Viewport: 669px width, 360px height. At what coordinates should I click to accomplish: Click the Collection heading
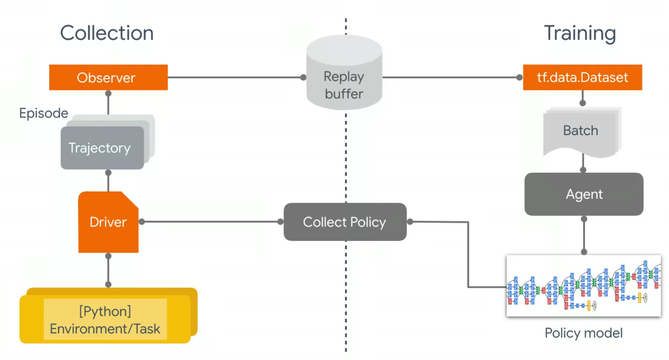coord(107,33)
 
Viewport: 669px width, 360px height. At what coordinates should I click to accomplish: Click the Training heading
coord(580,33)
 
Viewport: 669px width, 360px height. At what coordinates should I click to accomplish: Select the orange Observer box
coord(108,78)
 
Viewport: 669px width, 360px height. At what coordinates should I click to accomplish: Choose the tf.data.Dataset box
coord(582,78)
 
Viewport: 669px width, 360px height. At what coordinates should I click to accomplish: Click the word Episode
coord(44,113)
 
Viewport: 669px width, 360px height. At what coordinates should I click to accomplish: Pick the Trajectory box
coord(102,148)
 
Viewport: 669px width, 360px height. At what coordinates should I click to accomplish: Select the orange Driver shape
coord(108,222)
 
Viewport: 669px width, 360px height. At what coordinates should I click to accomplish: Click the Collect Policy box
coord(345,222)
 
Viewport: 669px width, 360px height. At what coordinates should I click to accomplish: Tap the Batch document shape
coord(580,131)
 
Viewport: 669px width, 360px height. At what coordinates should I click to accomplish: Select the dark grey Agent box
coord(583,194)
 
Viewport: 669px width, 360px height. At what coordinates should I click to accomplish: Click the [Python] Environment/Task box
coord(105,319)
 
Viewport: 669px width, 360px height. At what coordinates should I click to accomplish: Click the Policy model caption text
coord(583,333)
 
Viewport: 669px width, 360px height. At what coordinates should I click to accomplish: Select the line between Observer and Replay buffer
coord(234,78)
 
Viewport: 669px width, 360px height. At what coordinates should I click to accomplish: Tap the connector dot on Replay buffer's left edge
coord(303,78)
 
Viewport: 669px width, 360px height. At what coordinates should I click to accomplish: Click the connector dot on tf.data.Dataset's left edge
coord(519,78)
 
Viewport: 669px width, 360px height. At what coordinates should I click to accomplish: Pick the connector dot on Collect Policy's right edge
coord(410,222)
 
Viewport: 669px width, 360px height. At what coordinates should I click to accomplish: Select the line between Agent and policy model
coord(584,236)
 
